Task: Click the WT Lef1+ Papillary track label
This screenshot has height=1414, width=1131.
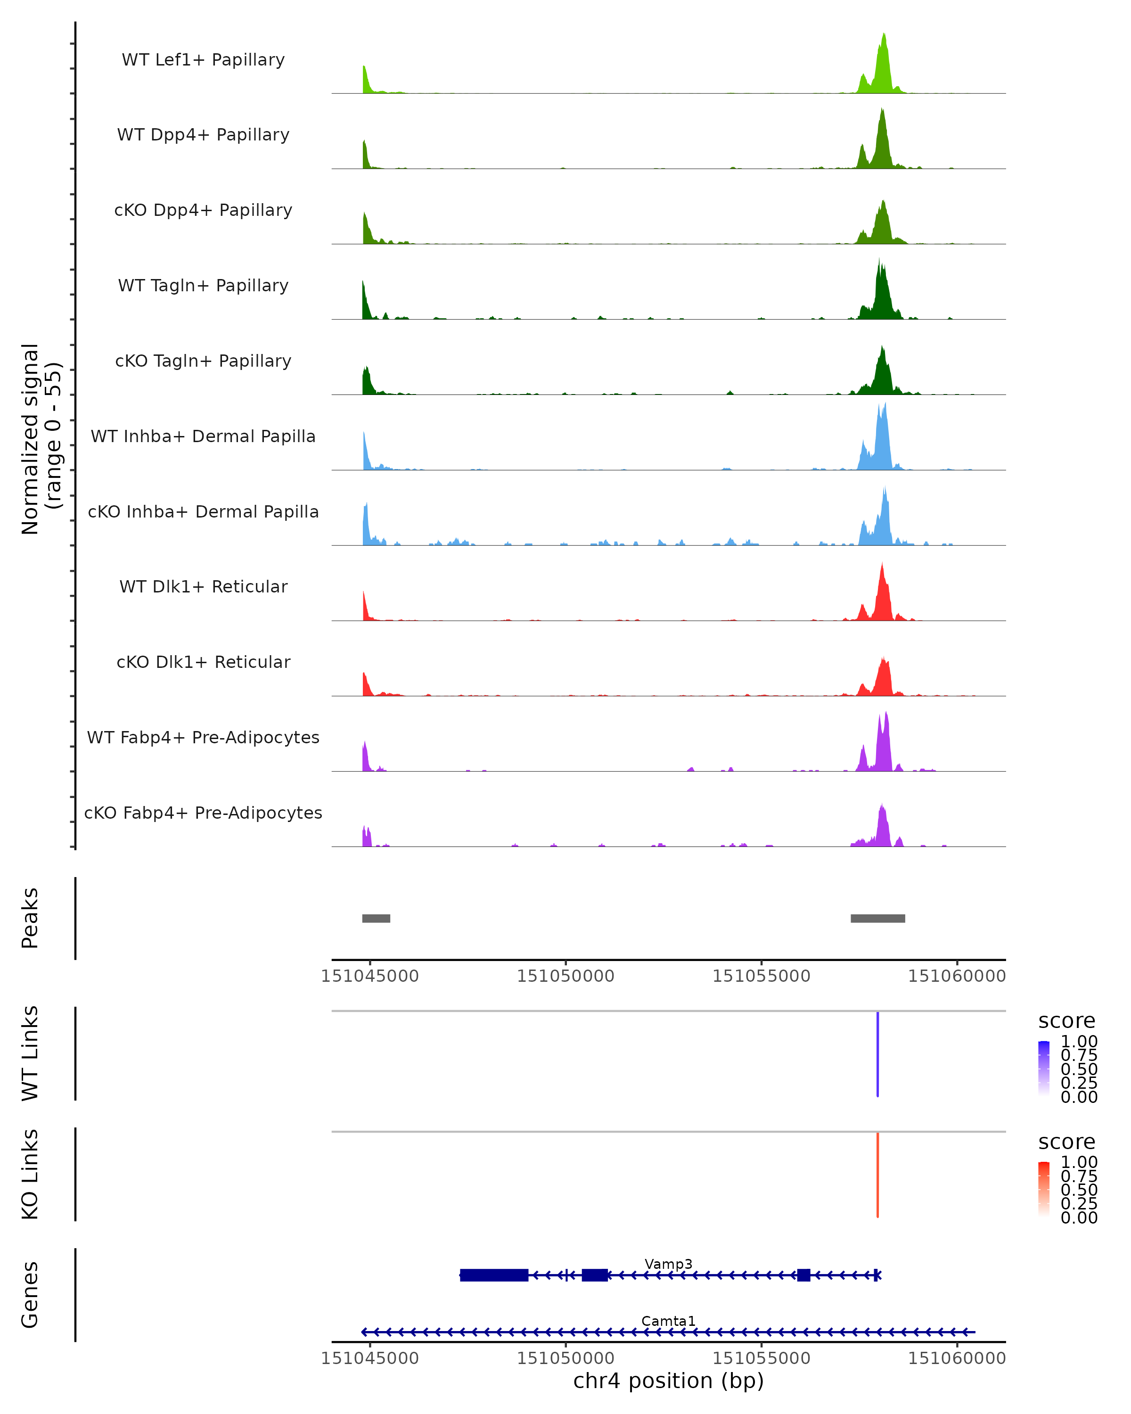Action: tap(203, 60)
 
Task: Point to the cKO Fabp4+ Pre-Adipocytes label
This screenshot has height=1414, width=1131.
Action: tap(203, 813)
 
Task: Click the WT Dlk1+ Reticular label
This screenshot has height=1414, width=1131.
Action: tap(203, 586)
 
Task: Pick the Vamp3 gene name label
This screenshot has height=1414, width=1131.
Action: tap(668, 1264)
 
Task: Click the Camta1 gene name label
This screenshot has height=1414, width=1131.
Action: tap(668, 1321)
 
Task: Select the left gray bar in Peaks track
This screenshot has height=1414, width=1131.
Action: tap(377, 918)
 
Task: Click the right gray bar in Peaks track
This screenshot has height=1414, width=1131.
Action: tap(878, 918)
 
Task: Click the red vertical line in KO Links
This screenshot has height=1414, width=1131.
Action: tap(877, 1175)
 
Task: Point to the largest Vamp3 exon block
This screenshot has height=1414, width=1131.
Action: tap(494, 1275)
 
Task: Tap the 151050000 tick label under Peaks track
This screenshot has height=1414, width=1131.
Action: tap(565, 976)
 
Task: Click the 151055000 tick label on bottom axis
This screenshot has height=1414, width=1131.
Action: tap(761, 1358)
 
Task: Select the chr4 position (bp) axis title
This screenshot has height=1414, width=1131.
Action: tap(668, 1381)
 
